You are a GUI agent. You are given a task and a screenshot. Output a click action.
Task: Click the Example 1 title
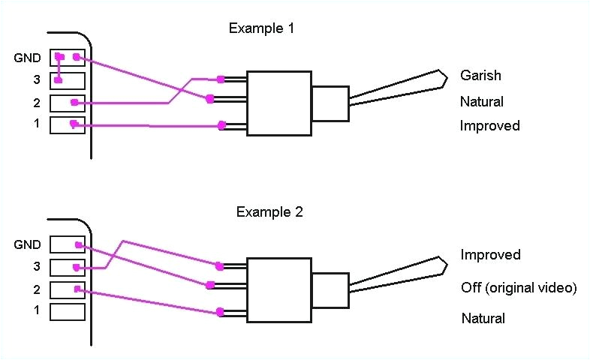click(x=262, y=28)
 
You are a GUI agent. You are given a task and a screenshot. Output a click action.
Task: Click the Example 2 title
click(x=269, y=211)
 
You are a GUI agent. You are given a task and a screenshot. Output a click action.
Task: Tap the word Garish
click(x=480, y=76)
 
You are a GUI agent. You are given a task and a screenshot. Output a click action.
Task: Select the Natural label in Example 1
click(x=481, y=101)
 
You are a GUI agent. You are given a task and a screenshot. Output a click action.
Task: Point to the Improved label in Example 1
click(x=489, y=126)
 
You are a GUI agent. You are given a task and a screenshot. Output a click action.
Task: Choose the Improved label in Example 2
click(x=490, y=255)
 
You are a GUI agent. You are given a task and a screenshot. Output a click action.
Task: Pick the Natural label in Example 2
click(x=483, y=318)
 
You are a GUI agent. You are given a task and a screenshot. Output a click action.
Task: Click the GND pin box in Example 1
click(x=68, y=58)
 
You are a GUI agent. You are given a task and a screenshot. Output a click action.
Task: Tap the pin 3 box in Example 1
click(x=68, y=79)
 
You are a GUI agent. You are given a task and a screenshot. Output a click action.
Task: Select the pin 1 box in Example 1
click(x=68, y=124)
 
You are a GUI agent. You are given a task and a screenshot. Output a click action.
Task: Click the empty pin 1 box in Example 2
click(x=68, y=310)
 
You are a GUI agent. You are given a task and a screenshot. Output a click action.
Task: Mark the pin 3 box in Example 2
click(x=68, y=266)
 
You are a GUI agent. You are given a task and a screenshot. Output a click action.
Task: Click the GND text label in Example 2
click(x=27, y=244)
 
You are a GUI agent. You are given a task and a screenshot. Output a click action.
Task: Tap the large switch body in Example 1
click(x=279, y=103)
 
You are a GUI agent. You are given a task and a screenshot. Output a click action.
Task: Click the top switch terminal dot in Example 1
click(x=220, y=79)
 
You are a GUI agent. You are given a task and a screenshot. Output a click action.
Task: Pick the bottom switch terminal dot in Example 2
click(x=219, y=312)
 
